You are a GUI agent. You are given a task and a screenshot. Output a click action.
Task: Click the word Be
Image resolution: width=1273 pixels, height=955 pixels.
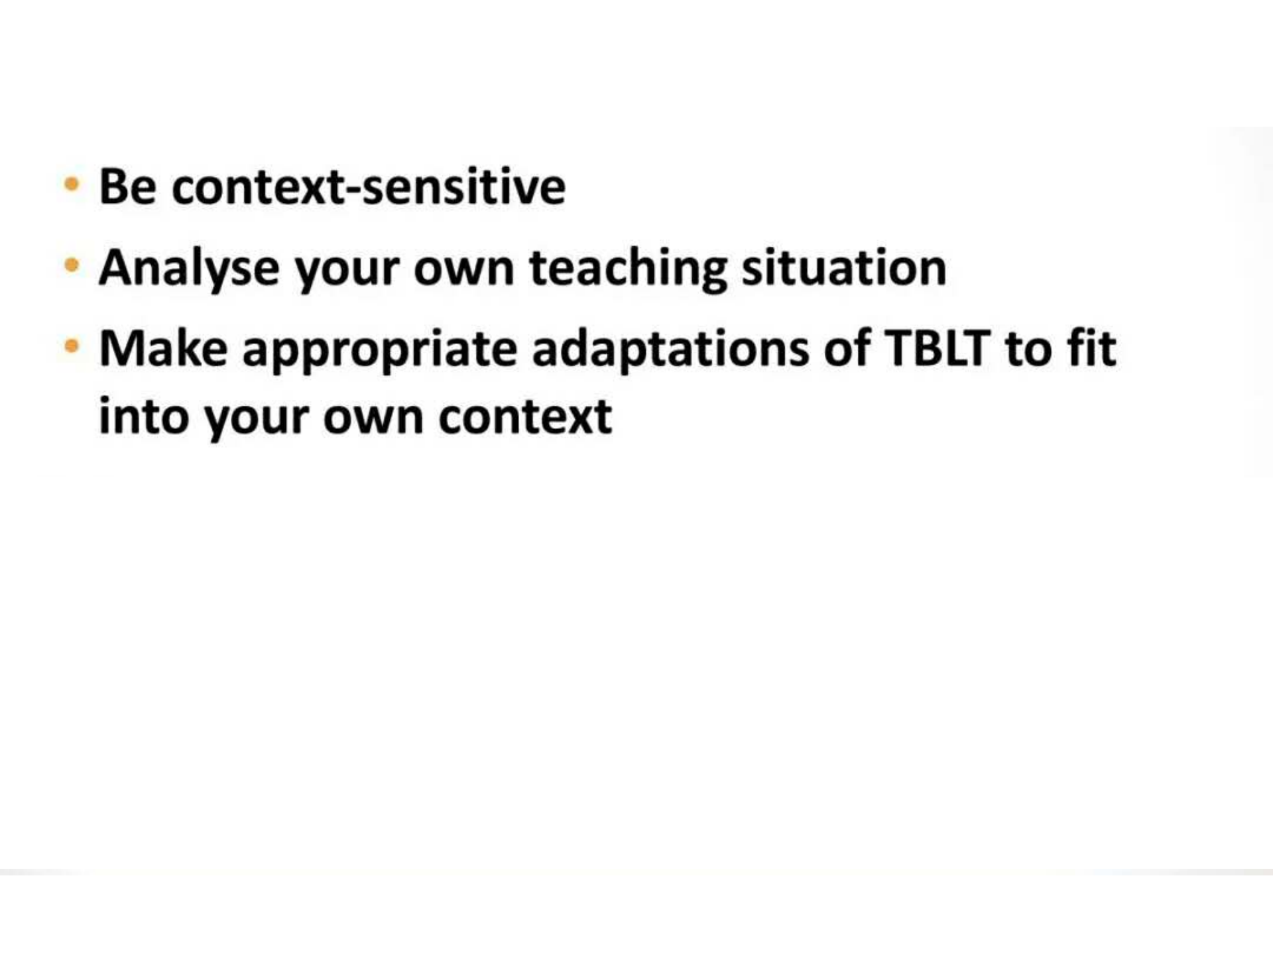coord(127,186)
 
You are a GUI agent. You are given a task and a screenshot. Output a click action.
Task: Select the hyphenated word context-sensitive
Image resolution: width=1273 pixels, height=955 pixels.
coord(369,186)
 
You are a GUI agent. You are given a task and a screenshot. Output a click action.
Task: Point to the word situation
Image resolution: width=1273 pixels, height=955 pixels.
coord(844,267)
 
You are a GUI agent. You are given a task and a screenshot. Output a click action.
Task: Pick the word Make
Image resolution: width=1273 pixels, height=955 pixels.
coord(163,348)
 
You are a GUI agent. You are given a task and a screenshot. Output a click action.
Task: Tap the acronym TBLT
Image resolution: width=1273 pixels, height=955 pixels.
coord(938,348)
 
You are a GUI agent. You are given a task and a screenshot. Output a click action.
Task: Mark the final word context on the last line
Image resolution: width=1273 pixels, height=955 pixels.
coord(525,417)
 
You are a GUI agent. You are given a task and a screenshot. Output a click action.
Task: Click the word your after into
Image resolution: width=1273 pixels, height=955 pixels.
coord(257,420)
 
